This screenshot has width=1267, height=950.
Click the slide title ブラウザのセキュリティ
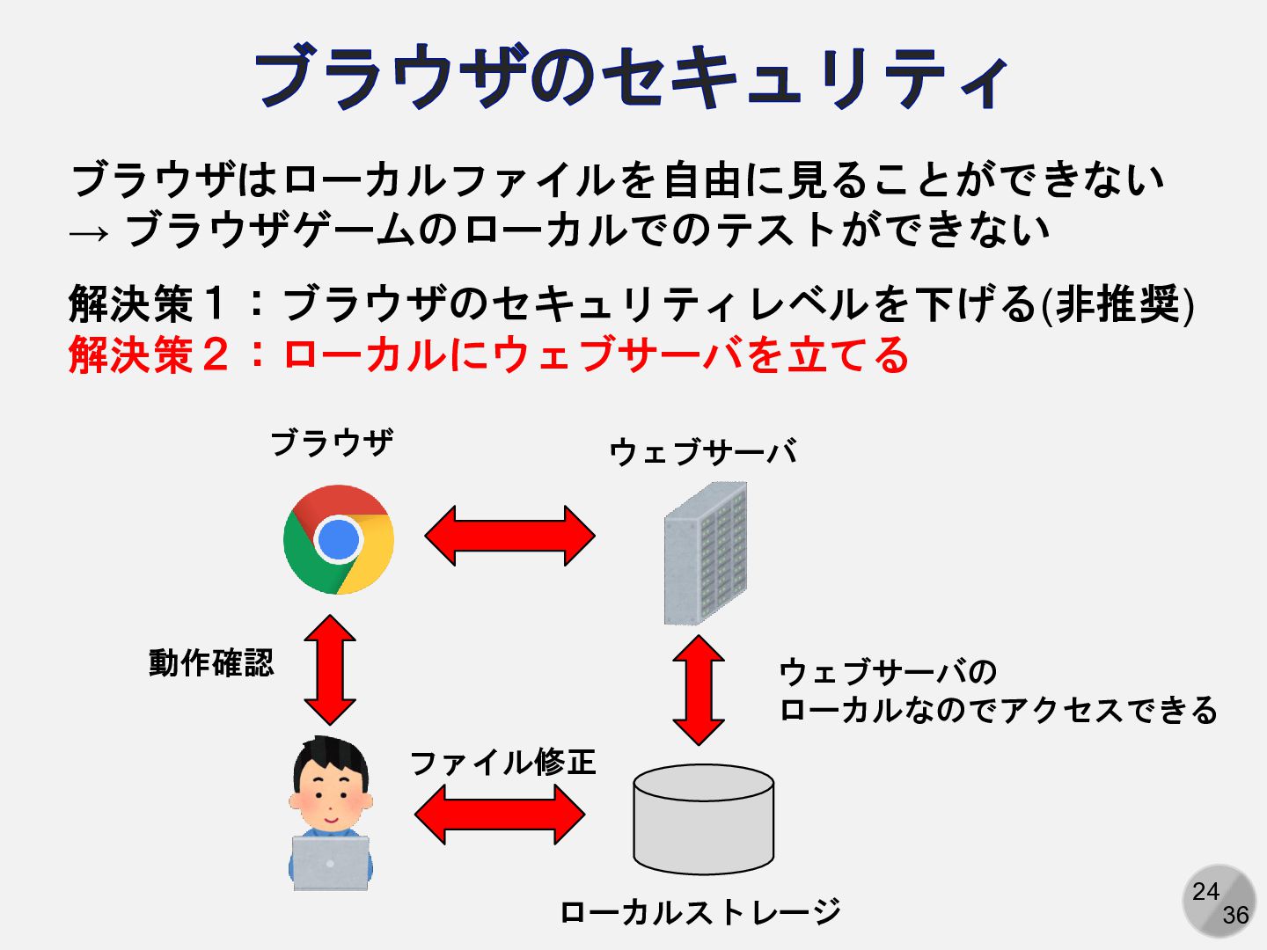(x=632, y=77)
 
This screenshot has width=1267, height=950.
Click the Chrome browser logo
(x=339, y=539)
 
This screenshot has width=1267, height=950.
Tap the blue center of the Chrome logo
(x=338, y=539)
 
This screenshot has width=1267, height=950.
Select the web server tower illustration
(x=706, y=552)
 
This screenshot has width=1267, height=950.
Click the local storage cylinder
(x=704, y=819)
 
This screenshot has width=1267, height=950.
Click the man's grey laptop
(x=330, y=863)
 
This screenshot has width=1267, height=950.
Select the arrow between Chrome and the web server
(x=510, y=535)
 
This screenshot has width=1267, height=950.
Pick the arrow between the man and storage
(x=499, y=815)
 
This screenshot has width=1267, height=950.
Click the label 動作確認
(x=211, y=662)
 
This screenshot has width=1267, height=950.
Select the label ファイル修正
(x=503, y=762)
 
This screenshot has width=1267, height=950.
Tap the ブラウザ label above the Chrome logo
(x=332, y=442)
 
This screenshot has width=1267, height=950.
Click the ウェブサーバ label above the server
(x=703, y=452)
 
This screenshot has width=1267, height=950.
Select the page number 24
(x=1205, y=891)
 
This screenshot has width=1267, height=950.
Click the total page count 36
(x=1235, y=915)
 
